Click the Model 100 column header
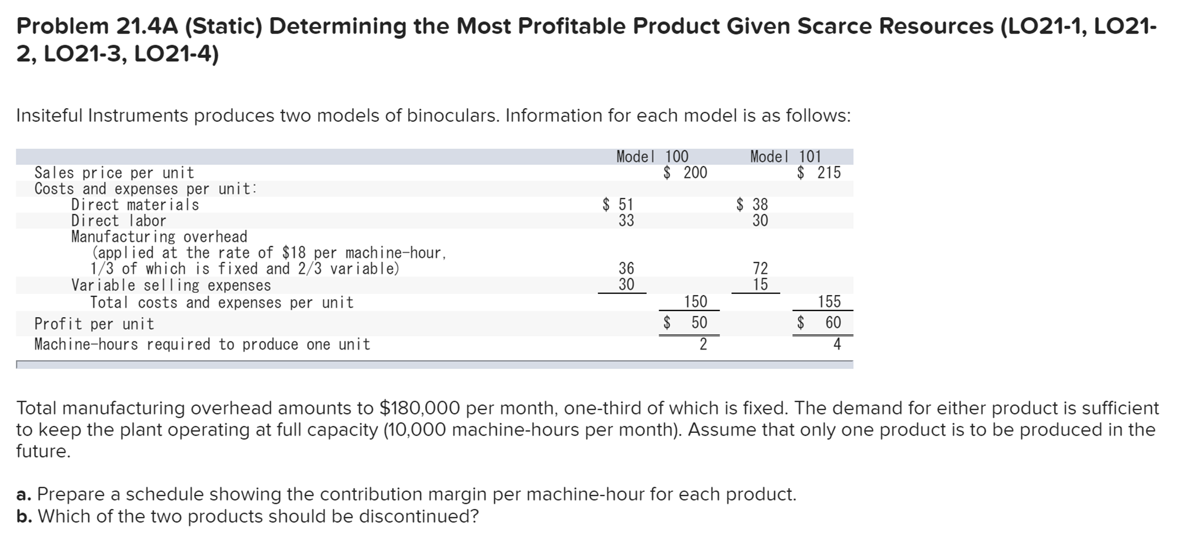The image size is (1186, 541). click(x=652, y=157)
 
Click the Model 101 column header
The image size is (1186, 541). click(x=786, y=157)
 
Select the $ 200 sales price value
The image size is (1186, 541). click(x=685, y=173)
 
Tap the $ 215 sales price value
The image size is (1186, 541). click(x=819, y=173)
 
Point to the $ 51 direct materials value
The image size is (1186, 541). click(x=618, y=205)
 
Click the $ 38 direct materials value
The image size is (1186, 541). click(x=752, y=205)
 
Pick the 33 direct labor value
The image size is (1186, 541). click(x=626, y=221)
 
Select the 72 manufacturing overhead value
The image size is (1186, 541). click(x=760, y=269)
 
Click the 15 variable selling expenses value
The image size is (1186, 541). click(x=760, y=285)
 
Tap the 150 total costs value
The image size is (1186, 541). click(x=695, y=302)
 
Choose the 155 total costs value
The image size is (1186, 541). click(x=829, y=302)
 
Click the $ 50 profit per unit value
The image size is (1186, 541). click(x=685, y=323)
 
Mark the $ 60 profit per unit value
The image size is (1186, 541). click(x=819, y=323)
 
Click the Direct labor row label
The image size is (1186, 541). click(x=119, y=221)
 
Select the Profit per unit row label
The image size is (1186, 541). click(x=94, y=324)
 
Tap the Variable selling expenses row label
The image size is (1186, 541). click(x=171, y=285)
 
